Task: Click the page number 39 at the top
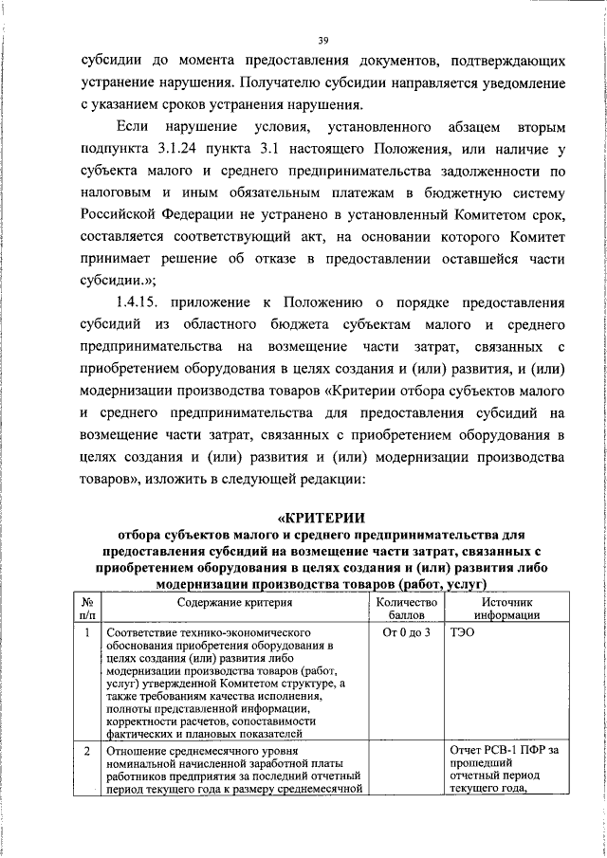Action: pos(322,40)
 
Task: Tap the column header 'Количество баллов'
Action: pos(405,608)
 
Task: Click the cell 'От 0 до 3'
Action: pos(405,632)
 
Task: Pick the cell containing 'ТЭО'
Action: pos(463,632)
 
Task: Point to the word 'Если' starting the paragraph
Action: pos(133,126)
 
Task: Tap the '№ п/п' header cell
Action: pos(86,608)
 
